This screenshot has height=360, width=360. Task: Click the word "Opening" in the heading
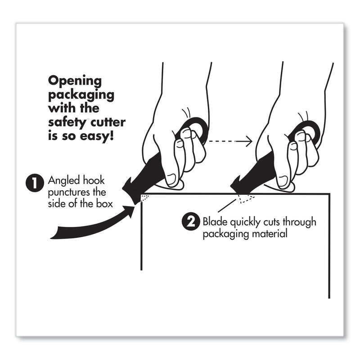pyautogui.click(x=75, y=81)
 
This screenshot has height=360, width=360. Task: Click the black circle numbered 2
pyautogui.click(x=189, y=221)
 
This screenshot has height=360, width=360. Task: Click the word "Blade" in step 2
pyautogui.click(x=214, y=221)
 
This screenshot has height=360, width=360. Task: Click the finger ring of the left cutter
pyautogui.click(x=196, y=131)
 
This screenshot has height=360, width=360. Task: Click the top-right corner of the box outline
pyautogui.click(x=329, y=194)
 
